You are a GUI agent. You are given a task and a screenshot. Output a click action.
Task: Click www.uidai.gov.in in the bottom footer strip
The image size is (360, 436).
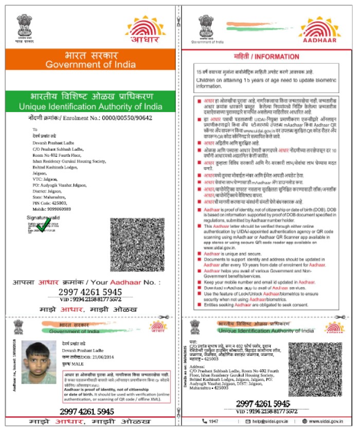325,421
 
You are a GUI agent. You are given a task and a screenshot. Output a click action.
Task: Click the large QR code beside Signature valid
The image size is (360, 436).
137,245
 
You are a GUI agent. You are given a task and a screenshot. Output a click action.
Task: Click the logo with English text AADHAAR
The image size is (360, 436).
319,30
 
